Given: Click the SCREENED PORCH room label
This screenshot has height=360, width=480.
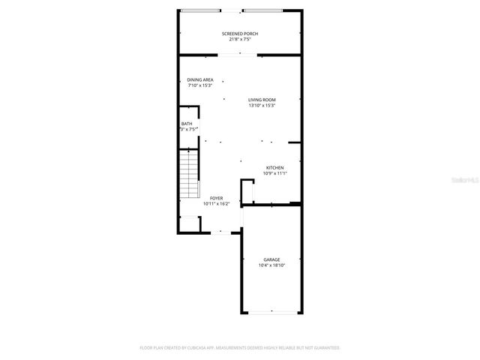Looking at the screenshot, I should point(240,34).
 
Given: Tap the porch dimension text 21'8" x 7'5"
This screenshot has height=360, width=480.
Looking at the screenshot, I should point(240,39).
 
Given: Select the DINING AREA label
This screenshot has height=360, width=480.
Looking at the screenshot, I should point(200,79).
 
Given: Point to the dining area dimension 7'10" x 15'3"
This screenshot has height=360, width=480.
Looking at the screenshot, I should point(200,85).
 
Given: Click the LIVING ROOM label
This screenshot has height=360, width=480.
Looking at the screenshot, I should point(262,100).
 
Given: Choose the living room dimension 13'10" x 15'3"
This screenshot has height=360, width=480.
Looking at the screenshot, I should point(262,105).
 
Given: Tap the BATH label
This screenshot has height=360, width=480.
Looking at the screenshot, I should point(187,124).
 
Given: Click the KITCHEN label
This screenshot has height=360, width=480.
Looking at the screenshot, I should point(274,167).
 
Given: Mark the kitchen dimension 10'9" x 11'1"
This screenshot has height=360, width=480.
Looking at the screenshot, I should point(274,173).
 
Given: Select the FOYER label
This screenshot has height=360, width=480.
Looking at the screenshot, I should point(216,197).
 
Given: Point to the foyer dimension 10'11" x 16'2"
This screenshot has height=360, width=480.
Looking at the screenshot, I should point(216,203).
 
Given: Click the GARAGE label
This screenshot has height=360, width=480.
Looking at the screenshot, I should point(271,259).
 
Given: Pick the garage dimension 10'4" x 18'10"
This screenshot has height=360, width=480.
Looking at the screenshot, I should point(271,265).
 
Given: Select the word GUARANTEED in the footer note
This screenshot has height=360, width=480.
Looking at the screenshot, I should point(325,348).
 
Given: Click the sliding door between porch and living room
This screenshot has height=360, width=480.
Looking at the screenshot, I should point(240,55).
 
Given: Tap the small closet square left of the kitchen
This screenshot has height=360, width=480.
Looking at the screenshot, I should point(247,191).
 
